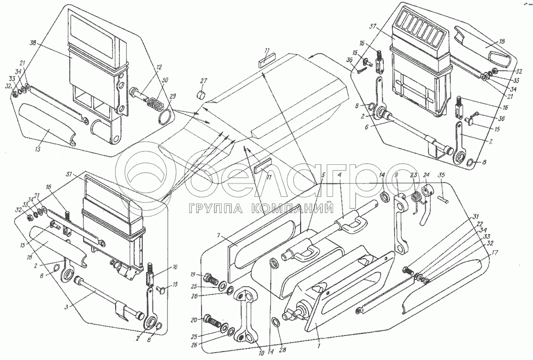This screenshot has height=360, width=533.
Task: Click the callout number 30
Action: (166, 79)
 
